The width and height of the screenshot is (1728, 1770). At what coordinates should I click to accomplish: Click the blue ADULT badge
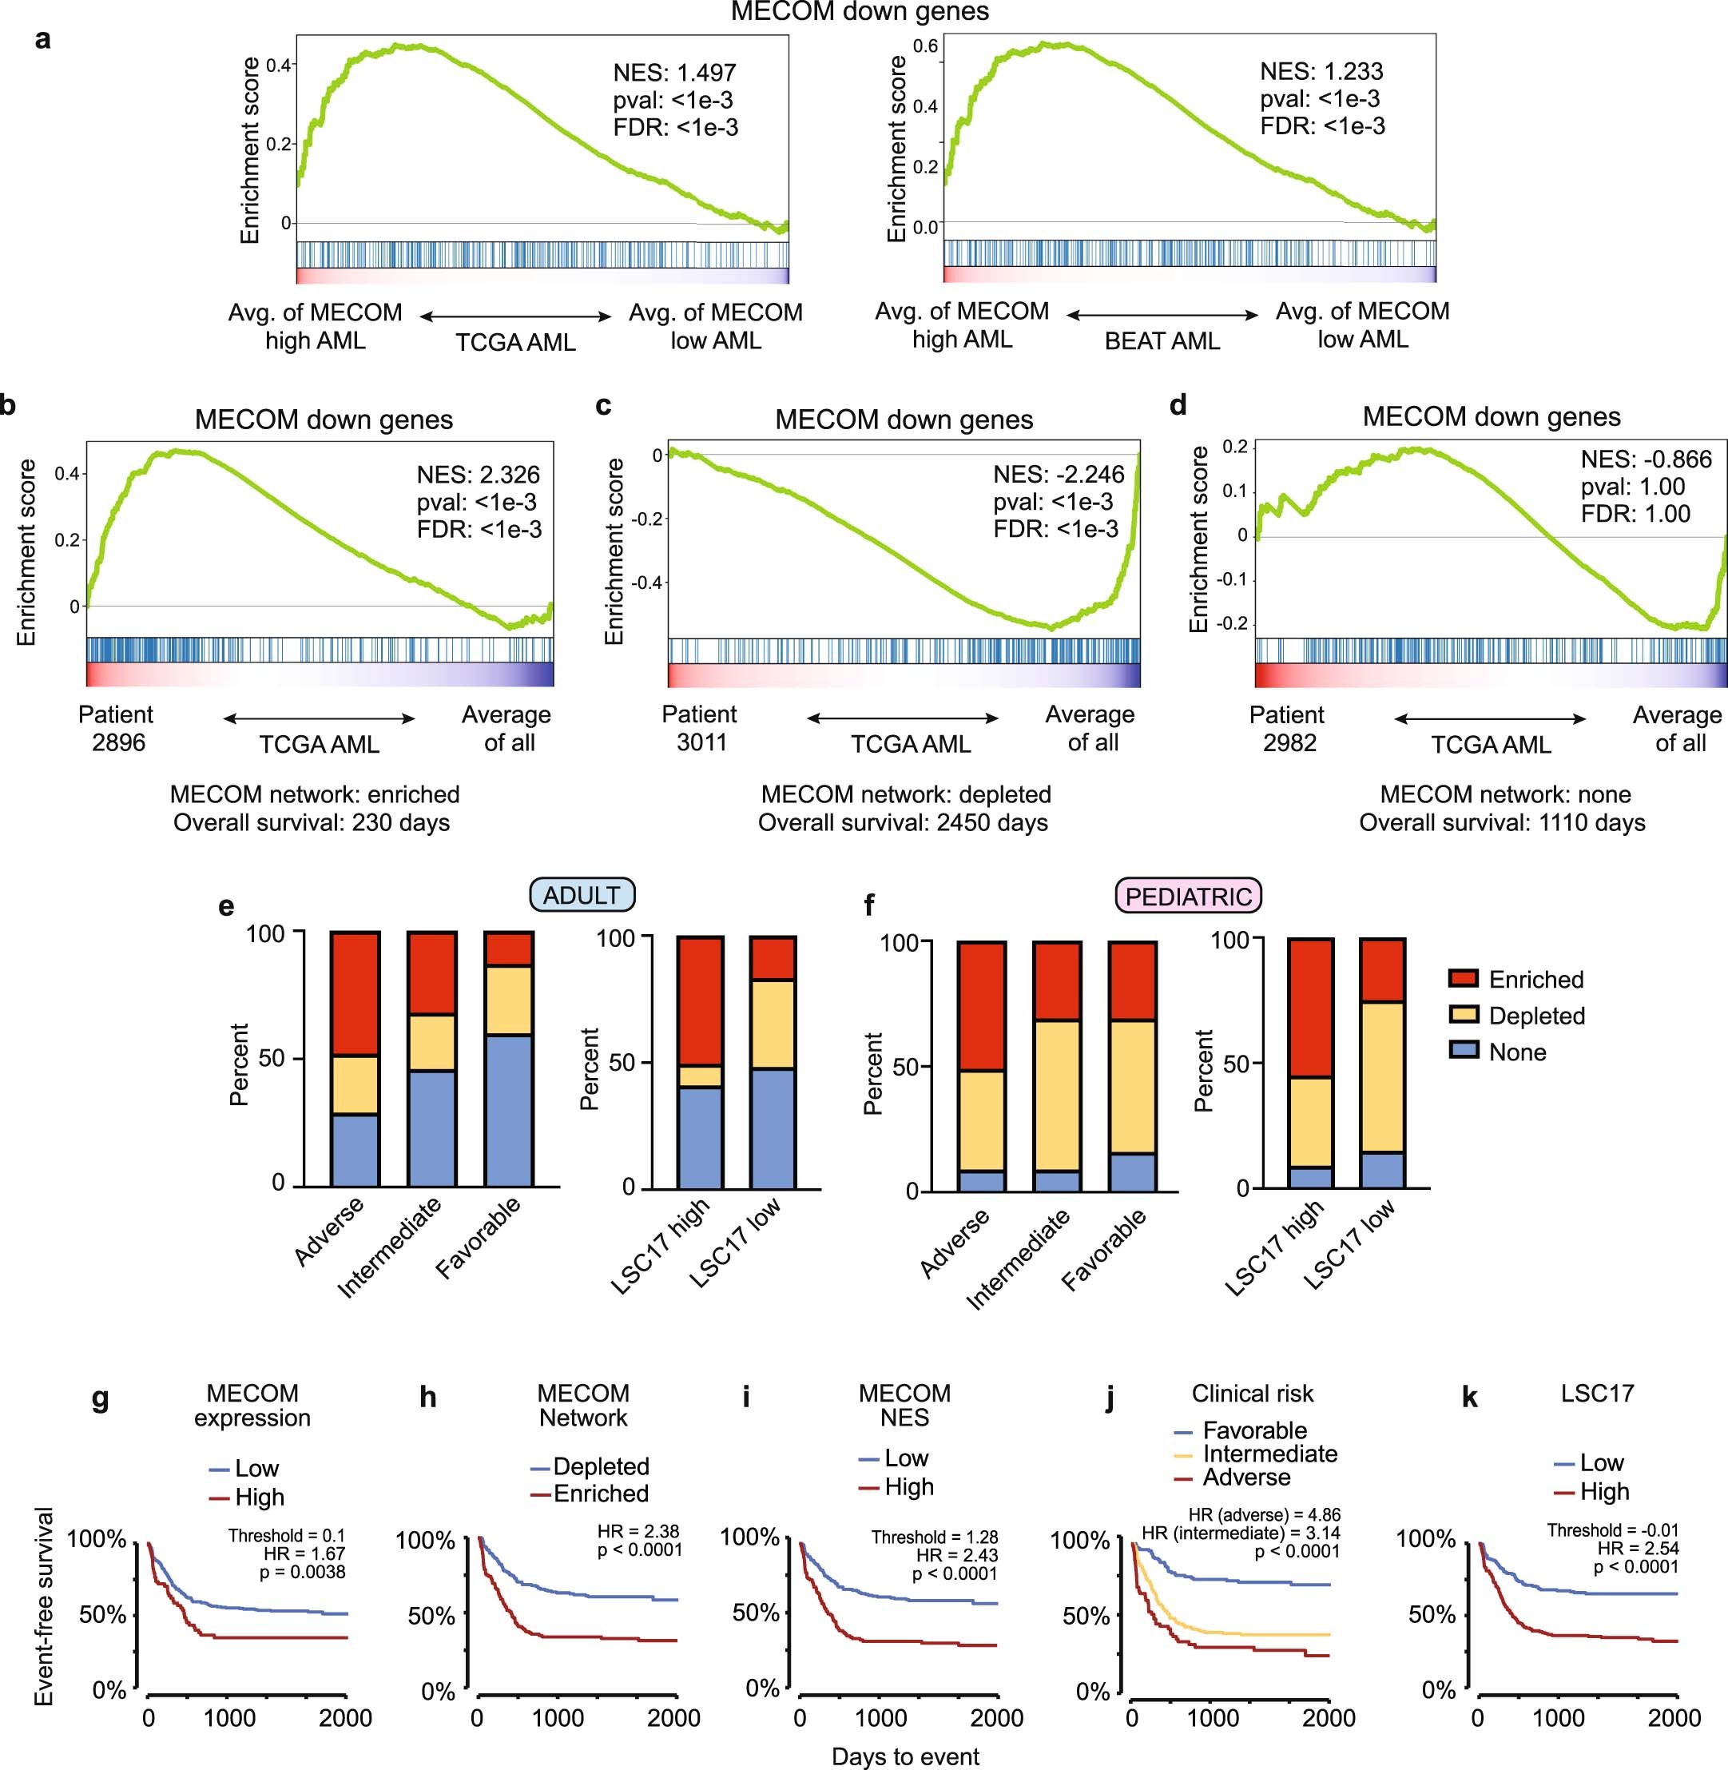click(x=582, y=895)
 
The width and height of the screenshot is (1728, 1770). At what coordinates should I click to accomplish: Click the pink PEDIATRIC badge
click(x=1188, y=897)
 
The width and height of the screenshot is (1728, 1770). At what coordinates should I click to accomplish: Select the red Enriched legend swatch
click(x=1464, y=978)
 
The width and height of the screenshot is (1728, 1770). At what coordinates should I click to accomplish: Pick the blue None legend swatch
click(x=1464, y=1051)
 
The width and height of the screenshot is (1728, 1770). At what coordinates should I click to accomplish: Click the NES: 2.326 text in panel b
click(x=478, y=475)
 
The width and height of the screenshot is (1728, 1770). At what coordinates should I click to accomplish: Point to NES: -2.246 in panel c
click(x=1059, y=475)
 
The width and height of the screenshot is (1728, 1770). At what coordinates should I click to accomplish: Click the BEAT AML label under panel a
click(x=1162, y=341)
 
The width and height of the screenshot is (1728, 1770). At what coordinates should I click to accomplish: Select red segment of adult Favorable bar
click(x=508, y=949)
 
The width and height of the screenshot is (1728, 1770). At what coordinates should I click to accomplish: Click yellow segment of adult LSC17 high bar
click(x=700, y=1076)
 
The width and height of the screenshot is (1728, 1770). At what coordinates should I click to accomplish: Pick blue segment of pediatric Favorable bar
click(x=1132, y=1171)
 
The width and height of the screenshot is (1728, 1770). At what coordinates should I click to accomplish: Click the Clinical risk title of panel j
click(x=1253, y=1394)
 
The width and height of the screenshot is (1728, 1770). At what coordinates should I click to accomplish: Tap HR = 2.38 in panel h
click(x=638, y=1531)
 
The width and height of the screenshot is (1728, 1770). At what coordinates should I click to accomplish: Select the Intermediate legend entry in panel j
click(x=1269, y=1454)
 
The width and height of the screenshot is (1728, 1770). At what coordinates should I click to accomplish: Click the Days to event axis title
click(x=905, y=1756)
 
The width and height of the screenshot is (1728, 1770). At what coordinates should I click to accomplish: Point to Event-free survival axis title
click(x=44, y=1607)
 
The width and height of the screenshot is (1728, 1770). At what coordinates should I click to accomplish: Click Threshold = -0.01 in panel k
click(x=1613, y=1530)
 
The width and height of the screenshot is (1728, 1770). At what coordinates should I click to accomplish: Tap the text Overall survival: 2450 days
click(x=903, y=822)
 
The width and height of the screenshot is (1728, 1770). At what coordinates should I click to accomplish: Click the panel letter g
click(x=101, y=1398)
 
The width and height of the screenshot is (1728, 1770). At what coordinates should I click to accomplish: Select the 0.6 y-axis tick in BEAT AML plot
click(x=925, y=46)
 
